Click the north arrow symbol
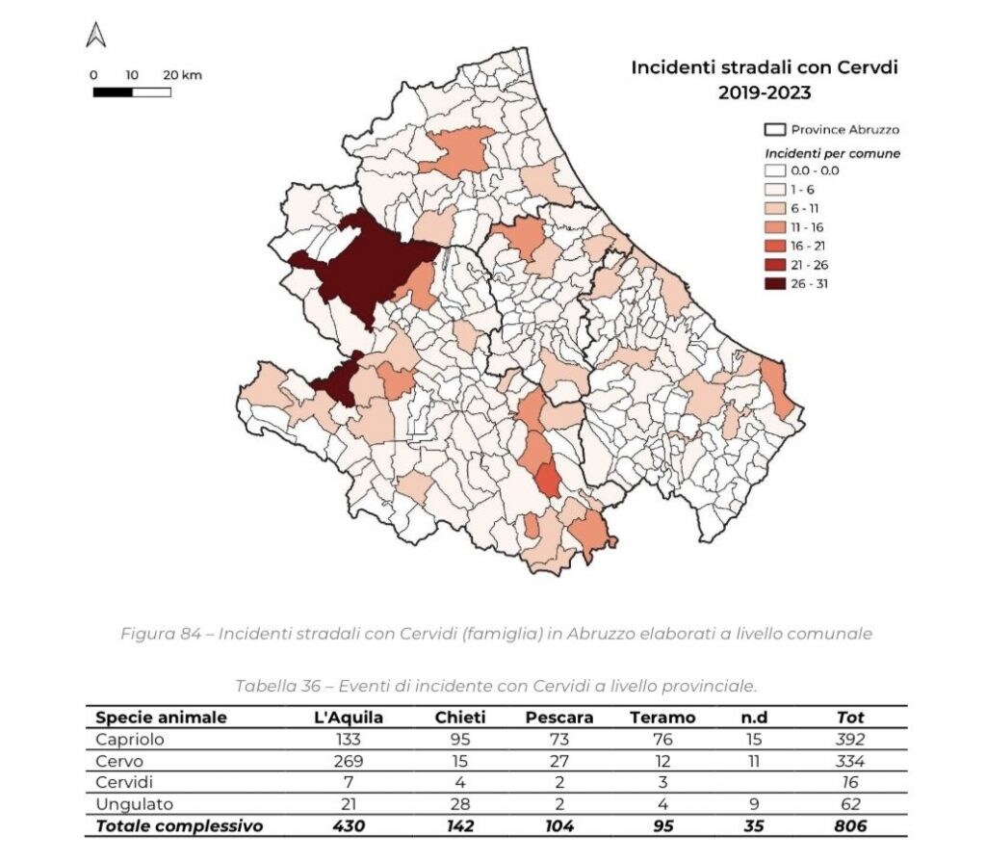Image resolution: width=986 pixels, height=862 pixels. click(95, 36)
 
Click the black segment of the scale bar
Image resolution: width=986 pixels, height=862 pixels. click(113, 92)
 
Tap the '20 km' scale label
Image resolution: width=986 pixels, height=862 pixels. click(182, 75)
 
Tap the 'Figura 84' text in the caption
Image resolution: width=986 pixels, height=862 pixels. click(157, 634)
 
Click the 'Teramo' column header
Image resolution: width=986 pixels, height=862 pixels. click(662, 718)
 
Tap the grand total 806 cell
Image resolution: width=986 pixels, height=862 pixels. click(850, 826)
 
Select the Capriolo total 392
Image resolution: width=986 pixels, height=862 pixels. click(850, 740)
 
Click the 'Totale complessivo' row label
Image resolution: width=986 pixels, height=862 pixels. click(179, 826)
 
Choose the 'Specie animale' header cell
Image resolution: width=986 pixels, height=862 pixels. click(162, 718)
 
